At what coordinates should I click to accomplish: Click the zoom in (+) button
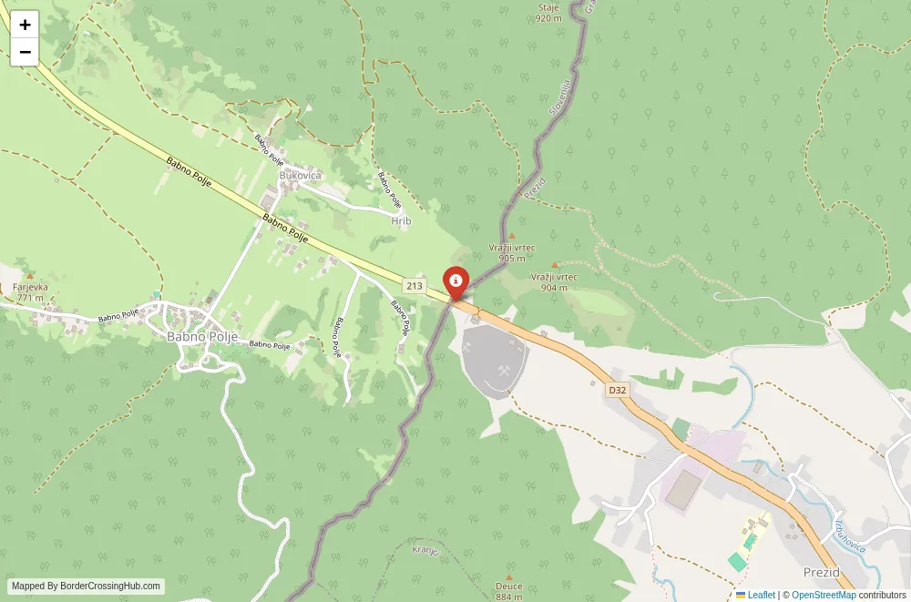(x=25, y=25)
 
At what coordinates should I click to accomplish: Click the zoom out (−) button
(x=25, y=52)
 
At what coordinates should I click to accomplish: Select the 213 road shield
(x=415, y=286)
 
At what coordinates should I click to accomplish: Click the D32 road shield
(x=618, y=390)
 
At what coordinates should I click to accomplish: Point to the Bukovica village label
(x=301, y=175)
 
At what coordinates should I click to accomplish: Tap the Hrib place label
(x=401, y=221)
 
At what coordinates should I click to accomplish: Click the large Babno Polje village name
(x=202, y=336)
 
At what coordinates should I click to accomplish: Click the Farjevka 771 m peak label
(x=30, y=292)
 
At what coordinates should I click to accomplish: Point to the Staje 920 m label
(x=548, y=13)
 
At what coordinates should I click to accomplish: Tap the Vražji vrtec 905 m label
(x=512, y=252)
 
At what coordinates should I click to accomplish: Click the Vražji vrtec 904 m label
(x=554, y=281)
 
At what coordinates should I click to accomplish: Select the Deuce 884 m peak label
(x=509, y=591)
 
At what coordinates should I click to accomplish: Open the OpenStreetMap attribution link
(x=824, y=595)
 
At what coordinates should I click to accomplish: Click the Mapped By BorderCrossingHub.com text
(x=87, y=587)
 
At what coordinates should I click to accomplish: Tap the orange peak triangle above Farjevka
(x=30, y=275)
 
